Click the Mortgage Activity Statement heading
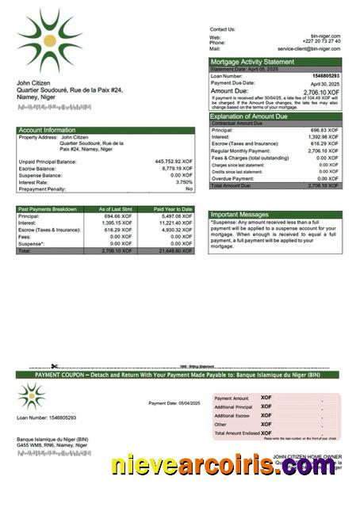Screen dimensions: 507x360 tap(251, 62)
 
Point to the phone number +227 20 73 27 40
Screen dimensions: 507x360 tap(323, 42)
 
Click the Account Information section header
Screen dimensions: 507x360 tap(47, 130)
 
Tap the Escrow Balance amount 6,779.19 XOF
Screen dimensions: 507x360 tap(175, 168)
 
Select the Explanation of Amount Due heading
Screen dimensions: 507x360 tap(255, 116)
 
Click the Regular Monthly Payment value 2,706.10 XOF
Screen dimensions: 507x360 tap(324, 151)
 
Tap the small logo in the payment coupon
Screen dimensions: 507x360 tap(31, 395)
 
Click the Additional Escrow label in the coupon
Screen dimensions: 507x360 tap(232, 416)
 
